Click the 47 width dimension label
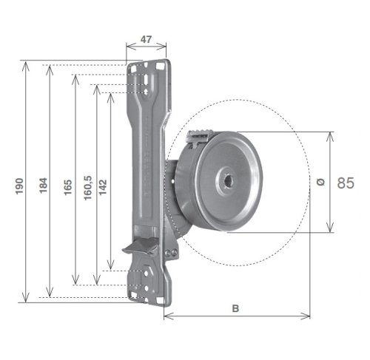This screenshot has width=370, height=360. [x=146, y=39]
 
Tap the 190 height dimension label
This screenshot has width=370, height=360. [x=19, y=186]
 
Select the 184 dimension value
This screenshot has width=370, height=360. [x=43, y=186]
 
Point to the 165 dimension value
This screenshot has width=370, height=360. [x=68, y=187]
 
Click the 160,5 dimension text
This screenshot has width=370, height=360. [x=87, y=188]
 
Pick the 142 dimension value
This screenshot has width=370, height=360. [x=103, y=187]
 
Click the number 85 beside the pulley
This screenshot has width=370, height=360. [x=346, y=183]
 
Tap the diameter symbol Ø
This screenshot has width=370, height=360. [x=320, y=182]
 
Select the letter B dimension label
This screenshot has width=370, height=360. [x=235, y=308]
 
